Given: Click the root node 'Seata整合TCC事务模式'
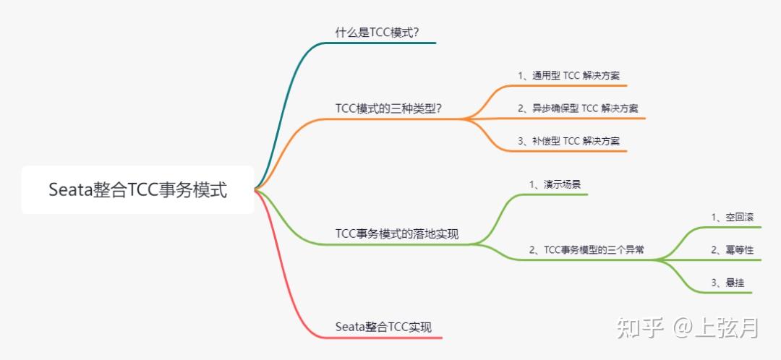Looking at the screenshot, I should (x=137, y=190).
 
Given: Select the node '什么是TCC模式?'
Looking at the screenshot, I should (x=377, y=32).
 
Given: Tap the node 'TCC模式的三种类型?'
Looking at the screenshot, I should (x=388, y=108).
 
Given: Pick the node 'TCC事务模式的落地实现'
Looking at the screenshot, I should (x=396, y=233).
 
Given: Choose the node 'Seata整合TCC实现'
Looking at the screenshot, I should (x=383, y=327).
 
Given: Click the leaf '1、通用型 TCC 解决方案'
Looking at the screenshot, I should (x=573, y=75).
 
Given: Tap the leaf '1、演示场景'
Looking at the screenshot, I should (x=555, y=184).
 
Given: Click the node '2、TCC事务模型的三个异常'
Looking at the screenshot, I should (x=586, y=250).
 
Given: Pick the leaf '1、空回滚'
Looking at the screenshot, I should (x=733, y=217).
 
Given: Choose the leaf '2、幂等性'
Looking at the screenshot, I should (x=732, y=250).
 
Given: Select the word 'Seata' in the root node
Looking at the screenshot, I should (x=71, y=190).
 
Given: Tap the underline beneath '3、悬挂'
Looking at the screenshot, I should (x=723, y=293).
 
